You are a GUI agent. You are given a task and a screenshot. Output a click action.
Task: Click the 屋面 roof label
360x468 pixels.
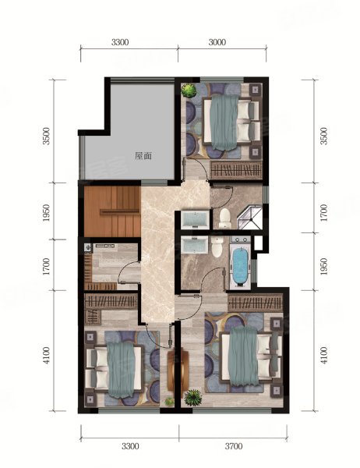coord(143,156)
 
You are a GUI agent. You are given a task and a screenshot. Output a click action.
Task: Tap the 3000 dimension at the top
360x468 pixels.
coord(217,42)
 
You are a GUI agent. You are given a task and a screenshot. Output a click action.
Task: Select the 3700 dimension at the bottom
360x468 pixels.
coord(233,446)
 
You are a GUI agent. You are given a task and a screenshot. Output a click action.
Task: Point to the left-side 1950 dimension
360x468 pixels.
coord(46,213)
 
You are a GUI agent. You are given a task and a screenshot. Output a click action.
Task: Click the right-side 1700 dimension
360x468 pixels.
coord(323,212)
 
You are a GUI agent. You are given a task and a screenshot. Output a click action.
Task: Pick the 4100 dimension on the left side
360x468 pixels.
coord(46,356)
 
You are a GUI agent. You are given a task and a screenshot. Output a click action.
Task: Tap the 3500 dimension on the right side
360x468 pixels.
coord(323,136)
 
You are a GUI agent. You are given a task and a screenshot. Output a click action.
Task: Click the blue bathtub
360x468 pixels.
coord(240,265)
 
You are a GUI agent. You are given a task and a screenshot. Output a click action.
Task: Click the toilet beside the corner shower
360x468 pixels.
coord(224,218)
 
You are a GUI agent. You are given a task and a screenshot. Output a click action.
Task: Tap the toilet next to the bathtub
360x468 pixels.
coord(217,246)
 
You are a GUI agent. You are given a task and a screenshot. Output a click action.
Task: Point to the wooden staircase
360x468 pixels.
coord(112,211)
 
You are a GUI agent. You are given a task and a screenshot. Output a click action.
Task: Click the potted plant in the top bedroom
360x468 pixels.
coord(189,90)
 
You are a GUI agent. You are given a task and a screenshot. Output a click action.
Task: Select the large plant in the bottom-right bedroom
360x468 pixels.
coord(192,397)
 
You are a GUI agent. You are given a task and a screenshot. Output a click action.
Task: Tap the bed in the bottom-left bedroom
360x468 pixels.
coord(115,370)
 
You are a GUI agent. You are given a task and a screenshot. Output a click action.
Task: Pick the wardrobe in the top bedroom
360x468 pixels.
coord(236,170)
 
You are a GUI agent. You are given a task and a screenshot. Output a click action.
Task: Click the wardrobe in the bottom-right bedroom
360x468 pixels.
coord(255,303)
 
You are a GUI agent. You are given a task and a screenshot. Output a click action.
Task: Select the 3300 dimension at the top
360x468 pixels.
coord(120,42)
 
